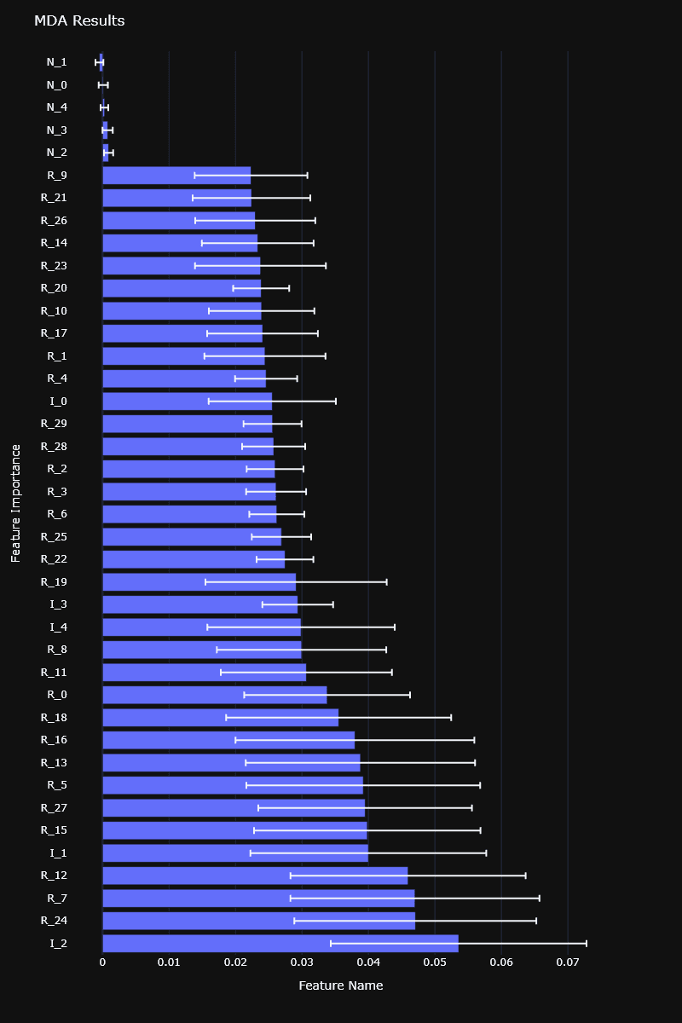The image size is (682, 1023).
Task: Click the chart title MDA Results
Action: [79, 20]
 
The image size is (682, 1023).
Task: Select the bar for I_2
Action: [280, 943]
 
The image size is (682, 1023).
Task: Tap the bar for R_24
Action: [258, 921]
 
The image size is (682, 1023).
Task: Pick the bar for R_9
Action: [176, 176]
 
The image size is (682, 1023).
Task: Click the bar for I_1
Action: [235, 852]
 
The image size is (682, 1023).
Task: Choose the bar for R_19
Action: [199, 582]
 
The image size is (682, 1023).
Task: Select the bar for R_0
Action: [214, 695]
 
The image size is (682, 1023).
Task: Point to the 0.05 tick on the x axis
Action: [435, 962]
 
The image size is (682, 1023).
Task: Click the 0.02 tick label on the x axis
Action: [235, 962]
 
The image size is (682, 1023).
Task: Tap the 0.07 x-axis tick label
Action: [568, 962]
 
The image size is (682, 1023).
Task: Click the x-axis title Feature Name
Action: [340, 985]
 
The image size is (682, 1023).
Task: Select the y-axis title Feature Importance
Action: [15, 503]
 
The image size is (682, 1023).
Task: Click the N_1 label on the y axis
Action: [56, 62]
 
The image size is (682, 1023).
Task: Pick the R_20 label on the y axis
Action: [54, 288]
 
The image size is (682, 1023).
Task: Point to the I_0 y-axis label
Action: [58, 401]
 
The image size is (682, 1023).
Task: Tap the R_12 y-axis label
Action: [54, 876]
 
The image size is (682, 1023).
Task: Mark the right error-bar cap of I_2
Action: [587, 943]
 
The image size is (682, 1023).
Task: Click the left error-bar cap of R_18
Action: [226, 717]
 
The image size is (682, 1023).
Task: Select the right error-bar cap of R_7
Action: [540, 898]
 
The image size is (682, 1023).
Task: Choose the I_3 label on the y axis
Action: [58, 604]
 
